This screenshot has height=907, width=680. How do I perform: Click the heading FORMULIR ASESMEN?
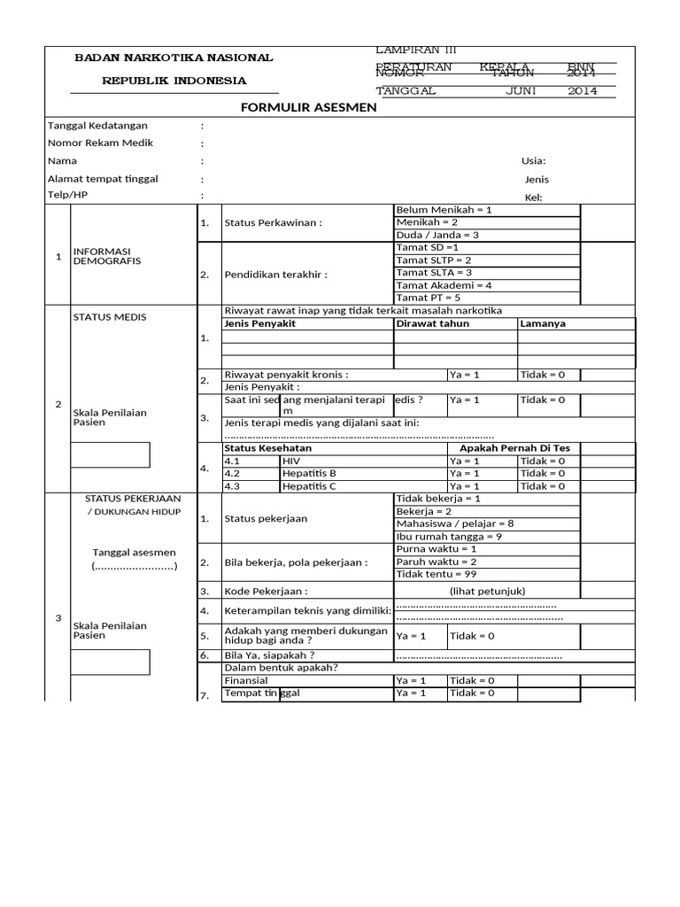click(309, 107)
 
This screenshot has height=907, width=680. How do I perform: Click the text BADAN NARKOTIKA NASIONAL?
click(174, 58)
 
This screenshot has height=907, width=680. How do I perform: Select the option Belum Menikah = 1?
click(444, 210)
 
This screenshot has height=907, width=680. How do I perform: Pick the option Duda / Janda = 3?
click(437, 235)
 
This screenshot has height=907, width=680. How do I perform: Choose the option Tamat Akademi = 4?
click(444, 285)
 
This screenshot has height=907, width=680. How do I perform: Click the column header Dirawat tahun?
click(433, 323)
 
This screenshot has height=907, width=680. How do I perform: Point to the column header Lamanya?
click(542, 323)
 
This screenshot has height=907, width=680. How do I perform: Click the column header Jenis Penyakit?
click(259, 323)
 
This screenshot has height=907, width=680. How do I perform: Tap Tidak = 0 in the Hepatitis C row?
click(543, 485)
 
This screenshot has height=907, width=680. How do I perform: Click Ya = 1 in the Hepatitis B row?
click(464, 473)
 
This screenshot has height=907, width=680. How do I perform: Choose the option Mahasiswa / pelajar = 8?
click(455, 523)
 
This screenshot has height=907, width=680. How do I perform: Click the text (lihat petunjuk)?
click(487, 590)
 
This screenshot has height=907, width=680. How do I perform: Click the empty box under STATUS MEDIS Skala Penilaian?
click(111, 454)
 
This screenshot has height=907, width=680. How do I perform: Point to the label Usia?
click(533, 160)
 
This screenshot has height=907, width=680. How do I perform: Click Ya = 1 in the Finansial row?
click(411, 680)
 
